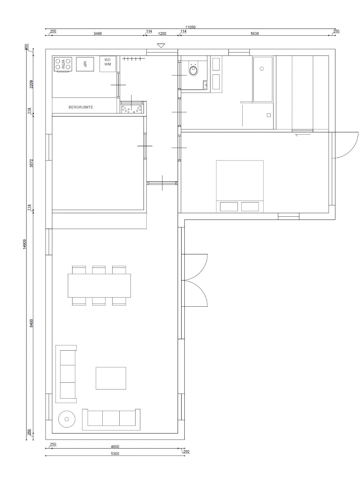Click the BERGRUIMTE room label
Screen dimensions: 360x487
[x=80, y=107]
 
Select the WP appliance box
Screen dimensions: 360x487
[x=85, y=64]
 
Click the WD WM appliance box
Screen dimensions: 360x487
[x=107, y=64]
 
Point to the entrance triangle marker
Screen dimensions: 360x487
[x=161, y=46]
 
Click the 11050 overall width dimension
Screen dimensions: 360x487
[x=190, y=27]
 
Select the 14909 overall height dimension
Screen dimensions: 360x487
[x=25, y=244]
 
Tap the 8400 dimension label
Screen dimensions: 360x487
[x=31, y=323]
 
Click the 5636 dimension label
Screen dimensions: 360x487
[x=255, y=34]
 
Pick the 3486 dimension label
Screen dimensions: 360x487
[x=98, y=34]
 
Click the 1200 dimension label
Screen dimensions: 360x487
[x=162, y=34]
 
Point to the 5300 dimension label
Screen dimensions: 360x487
[x=115, y=454]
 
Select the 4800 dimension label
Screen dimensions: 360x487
[x=115, y=446]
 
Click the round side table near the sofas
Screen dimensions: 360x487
[x=67, y=419]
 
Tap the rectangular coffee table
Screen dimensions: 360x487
[x=111, y=378]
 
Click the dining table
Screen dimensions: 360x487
[x=99, y=286]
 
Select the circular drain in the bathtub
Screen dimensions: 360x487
[x=262, y=69]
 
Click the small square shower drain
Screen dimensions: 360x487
[x=268, y=115]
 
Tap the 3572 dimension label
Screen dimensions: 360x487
[x=31, y=163]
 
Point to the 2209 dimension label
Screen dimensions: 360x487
[x=31, y=84]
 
